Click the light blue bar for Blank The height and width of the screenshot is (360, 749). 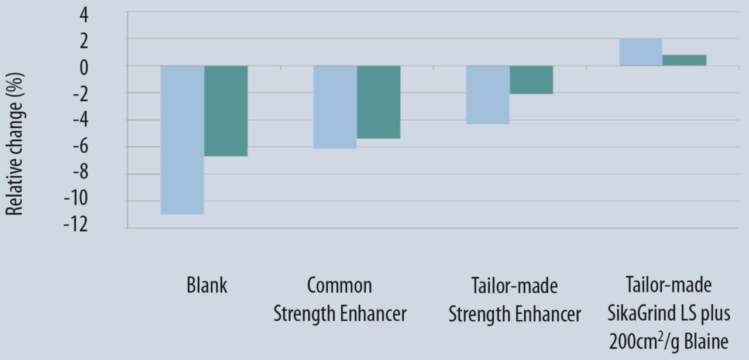(183, 140)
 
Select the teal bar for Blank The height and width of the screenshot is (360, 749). (226, 111)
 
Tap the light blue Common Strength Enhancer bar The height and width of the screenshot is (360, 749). (335, 107)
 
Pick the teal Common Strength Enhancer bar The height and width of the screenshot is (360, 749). (379, 102)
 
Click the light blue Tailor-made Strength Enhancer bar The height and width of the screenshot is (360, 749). (487, 94)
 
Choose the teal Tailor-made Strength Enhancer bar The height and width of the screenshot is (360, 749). (531, 80)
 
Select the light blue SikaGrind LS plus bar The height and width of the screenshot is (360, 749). (641, 52)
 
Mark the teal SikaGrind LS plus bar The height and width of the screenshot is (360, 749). (684, 60)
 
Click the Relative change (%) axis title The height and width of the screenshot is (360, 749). (15, 152)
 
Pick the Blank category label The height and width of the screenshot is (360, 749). (207, 286)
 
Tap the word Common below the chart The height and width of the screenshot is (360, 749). (339, 286)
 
